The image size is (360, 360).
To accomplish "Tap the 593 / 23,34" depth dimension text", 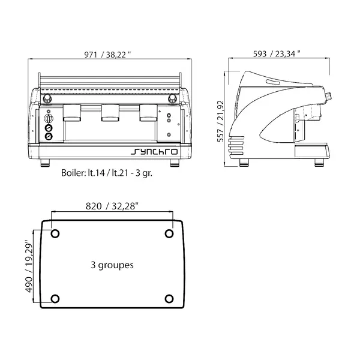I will click(x=277, y=54).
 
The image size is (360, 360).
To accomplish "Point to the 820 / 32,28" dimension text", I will click(x=112, y=206).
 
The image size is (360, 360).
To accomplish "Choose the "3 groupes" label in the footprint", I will click(x=112, y=264).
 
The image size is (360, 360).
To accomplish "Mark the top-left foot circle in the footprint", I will click(x=56, y=234).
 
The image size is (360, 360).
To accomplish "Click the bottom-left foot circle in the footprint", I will click(x=56, y=299).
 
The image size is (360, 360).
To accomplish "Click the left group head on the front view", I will click(x=73, y=112).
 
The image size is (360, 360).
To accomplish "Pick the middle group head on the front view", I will click(x=112, y=112).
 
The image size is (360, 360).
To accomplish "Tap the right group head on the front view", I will click(x=149, y=112).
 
